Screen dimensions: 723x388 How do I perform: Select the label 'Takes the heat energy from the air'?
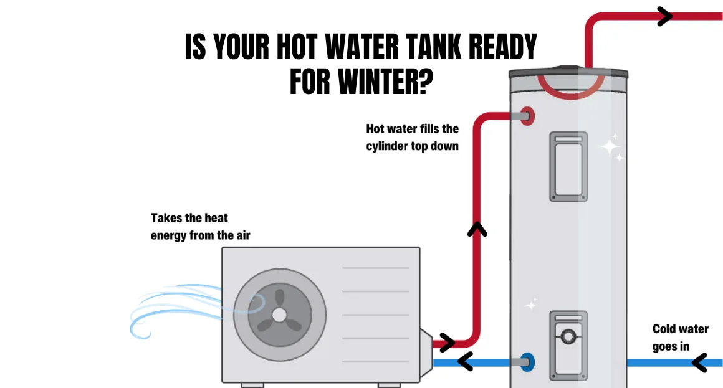[200, 226]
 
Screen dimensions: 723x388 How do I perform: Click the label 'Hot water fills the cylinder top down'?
[412, 137]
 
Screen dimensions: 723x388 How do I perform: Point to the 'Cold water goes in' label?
[680, 338]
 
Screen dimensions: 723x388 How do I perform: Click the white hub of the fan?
[279, 315]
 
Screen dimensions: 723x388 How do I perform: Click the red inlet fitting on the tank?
[528, 116]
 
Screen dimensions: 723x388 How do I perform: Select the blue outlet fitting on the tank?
[528, 362]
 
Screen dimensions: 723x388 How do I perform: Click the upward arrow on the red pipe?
[477, 229]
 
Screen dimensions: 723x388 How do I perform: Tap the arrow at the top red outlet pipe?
[664, 16]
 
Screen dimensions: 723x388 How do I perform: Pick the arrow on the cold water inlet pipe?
[700, 362]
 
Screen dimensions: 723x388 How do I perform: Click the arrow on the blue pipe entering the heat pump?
[465, 362]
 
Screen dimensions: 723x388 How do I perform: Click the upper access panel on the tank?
[568, 167]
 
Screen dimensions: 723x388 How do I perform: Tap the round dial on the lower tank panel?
[568, 336]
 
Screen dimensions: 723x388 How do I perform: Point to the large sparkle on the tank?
[610, 146]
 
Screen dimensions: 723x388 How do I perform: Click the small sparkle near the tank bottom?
[532, 304]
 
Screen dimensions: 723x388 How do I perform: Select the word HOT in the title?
[297, 47]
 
